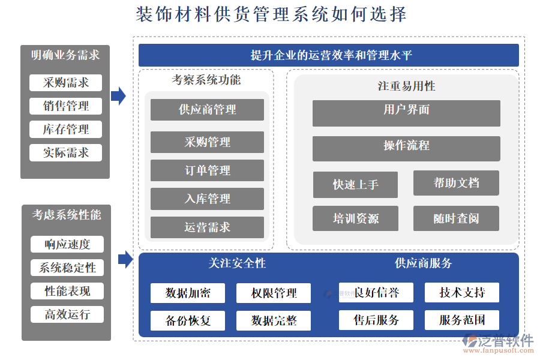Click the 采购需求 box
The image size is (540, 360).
click(x=66, y=83)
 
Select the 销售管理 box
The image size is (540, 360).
click(x=66, y=106)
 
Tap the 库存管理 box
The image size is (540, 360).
click(x=66, y=129)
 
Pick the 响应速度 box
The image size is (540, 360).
click(x=67, y=244)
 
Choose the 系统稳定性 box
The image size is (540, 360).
click(x=67, y=268)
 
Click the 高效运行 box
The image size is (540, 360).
click(x=67, y=314)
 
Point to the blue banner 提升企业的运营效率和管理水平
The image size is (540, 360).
click(x=328, y=55)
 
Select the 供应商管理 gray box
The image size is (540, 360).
click(x=207, y=110)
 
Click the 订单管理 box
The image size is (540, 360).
click(x=207, y=170)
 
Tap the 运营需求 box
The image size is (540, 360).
click(x=207, y=227)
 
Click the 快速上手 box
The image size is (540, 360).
click(x=355, y=185)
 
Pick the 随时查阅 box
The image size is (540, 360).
click(x=456, y=218)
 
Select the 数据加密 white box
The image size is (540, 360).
click(x=188, y=293)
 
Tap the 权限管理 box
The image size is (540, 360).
click(x=274, y=293)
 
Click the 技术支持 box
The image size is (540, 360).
click(x=461, y=292)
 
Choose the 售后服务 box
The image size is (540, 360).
click(x=376, y=320)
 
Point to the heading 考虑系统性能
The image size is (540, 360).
click(x=67, y=215)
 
